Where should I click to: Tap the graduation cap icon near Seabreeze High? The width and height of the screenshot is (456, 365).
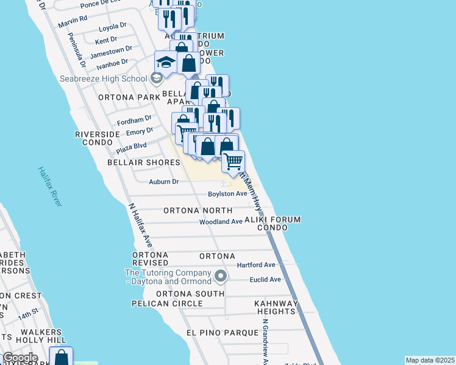165,62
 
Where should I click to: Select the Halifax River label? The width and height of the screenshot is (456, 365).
49,186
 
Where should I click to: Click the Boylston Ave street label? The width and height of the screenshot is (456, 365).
227,193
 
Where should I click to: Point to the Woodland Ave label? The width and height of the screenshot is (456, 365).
221,222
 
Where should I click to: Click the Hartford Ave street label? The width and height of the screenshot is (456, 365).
256,265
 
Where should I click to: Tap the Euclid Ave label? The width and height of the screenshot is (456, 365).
265,280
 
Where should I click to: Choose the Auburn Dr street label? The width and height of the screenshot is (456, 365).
163,181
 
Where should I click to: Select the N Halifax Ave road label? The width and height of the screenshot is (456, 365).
141,225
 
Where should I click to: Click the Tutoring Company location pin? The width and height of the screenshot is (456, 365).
221,277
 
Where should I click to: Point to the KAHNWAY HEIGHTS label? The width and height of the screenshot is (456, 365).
276,307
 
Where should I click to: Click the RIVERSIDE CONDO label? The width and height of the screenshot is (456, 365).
98,138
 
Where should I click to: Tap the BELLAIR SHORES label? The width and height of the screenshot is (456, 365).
144,162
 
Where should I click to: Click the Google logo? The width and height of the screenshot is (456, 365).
20,357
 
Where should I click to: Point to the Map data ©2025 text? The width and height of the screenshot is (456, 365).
430,360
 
